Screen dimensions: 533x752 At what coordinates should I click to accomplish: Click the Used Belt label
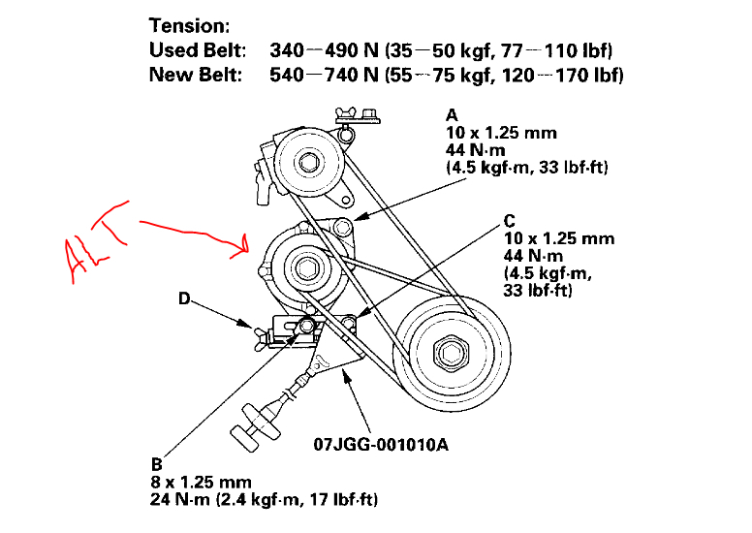pyautogui.click(x=202, y=49)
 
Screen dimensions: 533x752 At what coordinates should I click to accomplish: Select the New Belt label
pyautogui.click(x=200, y=75)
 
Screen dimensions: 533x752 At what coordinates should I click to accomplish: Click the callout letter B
pyautogui.click(x=158, y=464)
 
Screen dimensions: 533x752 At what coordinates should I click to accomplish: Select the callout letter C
pyautogui.click(x=510, y=220)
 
